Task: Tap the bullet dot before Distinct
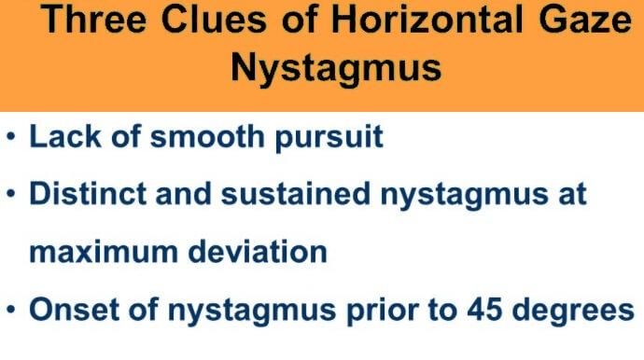(11, 196)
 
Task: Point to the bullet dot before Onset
(11, 310)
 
